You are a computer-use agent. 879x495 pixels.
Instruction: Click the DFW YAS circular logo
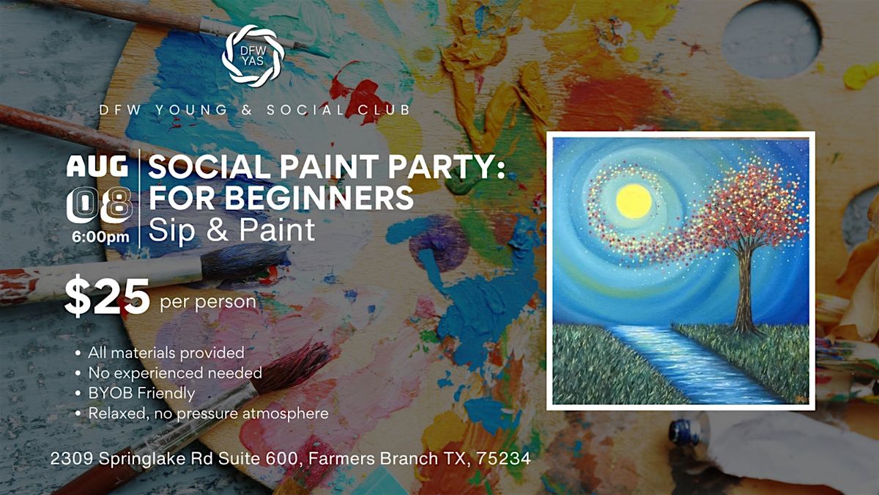(x=253, y=56)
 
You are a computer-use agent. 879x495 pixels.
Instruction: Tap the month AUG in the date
(x=97, y=166)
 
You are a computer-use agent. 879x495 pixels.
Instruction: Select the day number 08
(x=99, y=205)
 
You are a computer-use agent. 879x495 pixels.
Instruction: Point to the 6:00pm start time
(x=100, y=237)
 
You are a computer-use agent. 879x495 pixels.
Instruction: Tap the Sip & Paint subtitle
(x=231, y=230)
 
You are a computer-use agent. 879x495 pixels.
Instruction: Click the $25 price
(x=107, y=296)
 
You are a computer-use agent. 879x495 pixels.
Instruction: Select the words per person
(x=208, y=302)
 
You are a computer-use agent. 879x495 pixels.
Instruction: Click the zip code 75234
(x=503, y=458)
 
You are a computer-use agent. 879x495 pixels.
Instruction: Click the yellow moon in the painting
(x=634, y=201)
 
